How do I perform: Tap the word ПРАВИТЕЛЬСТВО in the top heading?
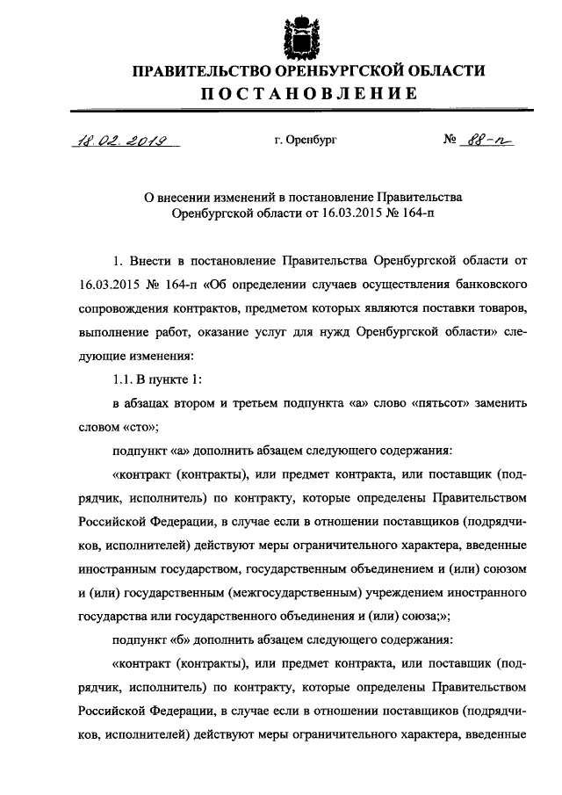pos(197,71)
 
